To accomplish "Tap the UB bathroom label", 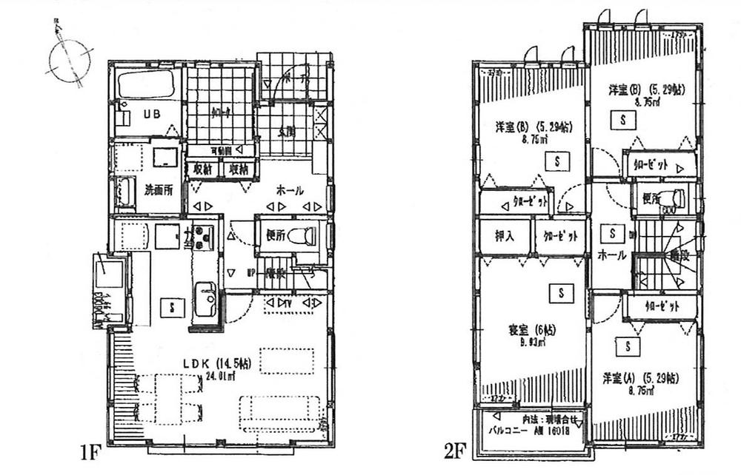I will click(152, 115).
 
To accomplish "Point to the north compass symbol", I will click(65, 59).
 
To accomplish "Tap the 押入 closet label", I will click(505, 236).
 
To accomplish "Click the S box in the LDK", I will click(172, 306).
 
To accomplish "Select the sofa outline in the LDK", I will click(279, 411).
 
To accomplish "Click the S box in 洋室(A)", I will click(628, 346).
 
